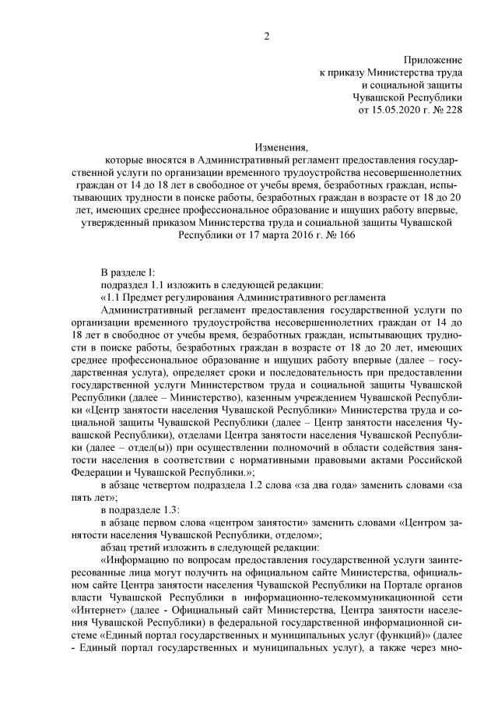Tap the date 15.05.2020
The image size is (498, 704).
pos(395,111)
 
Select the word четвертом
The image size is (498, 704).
pos(166,484)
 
